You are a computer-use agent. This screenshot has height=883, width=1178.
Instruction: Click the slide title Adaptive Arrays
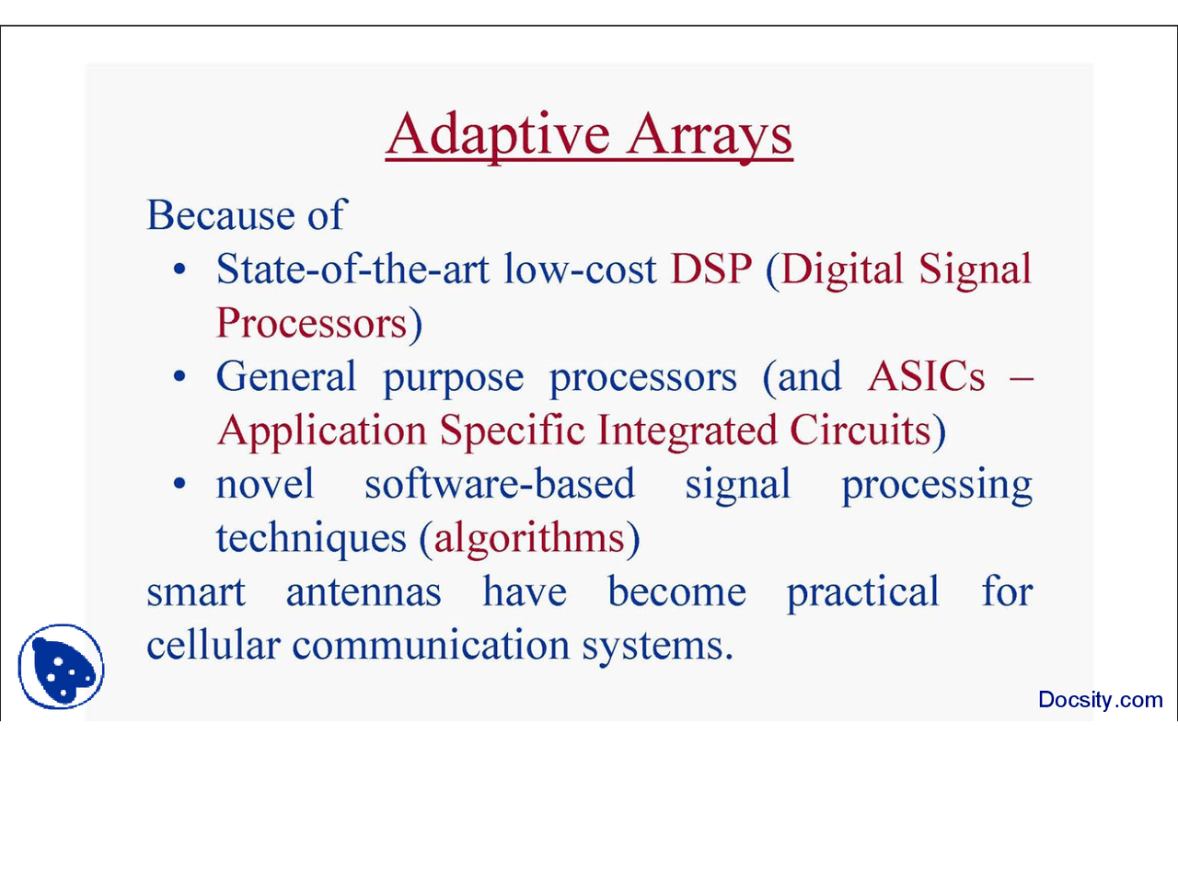tap(589, 134)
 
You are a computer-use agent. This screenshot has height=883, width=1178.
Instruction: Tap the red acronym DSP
tap(710, 269)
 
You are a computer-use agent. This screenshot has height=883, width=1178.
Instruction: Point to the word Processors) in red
tap(318, 324)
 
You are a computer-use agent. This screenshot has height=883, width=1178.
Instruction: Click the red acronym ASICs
tap(926, 377)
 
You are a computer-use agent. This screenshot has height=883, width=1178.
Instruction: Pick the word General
tap(286, 377)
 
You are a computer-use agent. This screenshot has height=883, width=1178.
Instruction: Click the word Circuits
tap(860, 430)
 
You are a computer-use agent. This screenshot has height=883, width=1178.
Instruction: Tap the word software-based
tap(500, 485)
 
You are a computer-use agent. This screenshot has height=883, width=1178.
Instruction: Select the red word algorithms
tap(529, 538)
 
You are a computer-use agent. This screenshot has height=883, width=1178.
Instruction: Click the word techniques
tap(311, 538)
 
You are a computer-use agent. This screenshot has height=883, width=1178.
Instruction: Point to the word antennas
tap(364, 591)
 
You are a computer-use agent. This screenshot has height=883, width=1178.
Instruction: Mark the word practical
tap(862, 591)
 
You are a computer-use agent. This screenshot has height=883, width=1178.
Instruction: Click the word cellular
tap(213, 645)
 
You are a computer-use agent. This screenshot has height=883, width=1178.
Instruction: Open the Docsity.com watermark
tap(1100, 700)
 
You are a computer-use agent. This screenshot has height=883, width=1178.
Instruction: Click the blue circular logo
tap(62, 667)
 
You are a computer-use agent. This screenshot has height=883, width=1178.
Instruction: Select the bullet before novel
tap(179, 484)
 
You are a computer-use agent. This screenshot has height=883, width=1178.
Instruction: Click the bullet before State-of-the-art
tap(179, 269)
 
